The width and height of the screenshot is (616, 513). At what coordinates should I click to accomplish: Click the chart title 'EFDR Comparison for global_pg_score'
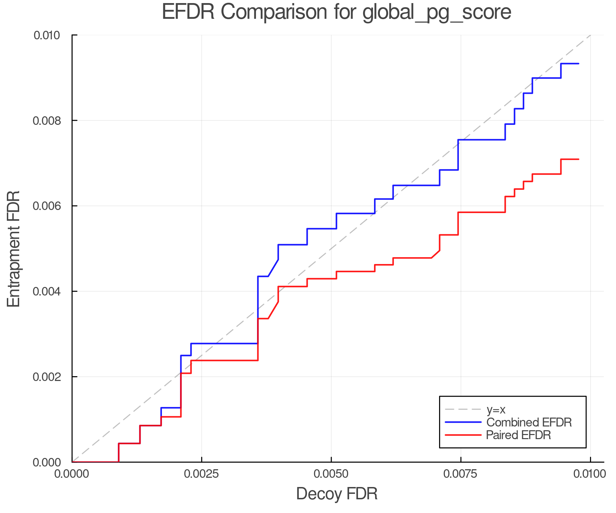[x=336, y=12]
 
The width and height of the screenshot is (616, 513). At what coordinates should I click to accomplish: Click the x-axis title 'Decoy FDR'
[x=337, y=494]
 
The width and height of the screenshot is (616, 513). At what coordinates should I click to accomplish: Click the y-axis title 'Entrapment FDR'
[x=14, y=249]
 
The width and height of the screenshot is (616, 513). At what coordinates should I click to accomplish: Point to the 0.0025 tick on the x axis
[x=202, y=474]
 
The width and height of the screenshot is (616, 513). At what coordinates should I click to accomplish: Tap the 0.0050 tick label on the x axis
[x=331, y=474]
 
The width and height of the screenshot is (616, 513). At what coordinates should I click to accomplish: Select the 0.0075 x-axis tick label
[x=461, y=474]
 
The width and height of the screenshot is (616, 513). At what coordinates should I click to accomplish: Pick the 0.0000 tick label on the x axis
[x=72, y=474]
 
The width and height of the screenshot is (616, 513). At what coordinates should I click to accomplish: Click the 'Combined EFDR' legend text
[x=529, y=422]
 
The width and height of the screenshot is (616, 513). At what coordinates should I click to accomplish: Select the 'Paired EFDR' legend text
[x=518, y=435]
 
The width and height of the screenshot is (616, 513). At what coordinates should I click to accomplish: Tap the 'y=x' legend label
[x=496, y=410]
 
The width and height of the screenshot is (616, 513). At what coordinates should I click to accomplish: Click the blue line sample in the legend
[x=463, y=422]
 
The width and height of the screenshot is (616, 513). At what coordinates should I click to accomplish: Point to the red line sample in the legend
[x=463, y=435]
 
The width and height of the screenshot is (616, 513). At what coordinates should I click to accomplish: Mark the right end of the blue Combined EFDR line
[x=578, y=64]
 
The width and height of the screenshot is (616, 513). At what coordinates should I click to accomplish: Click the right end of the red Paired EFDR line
[x=578, y=159]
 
